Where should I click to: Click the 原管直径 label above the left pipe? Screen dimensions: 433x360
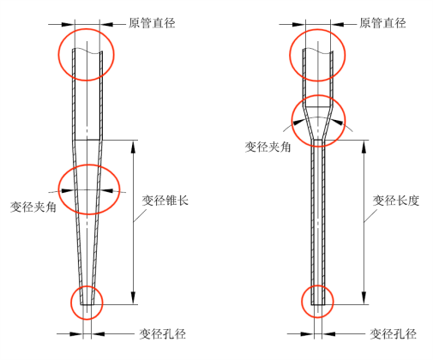tap(152, 23)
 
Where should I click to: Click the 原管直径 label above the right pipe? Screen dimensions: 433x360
tap(382, 23)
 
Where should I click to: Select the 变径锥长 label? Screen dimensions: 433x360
tap(165, 201)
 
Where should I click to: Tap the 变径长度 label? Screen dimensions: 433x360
tap(396, 201)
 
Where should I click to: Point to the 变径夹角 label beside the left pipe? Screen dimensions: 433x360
tap(33, 207)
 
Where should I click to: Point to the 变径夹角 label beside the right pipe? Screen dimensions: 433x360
tap(268, 147)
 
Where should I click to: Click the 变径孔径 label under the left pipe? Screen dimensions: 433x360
tap(162, 333)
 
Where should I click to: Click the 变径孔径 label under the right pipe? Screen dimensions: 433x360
tap(393, 333)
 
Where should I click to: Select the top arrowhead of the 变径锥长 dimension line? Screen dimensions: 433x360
tap(133, 147)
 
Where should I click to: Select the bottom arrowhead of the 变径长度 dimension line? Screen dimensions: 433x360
tap(364, 297)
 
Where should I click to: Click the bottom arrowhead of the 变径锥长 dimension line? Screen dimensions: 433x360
tap(133, 297)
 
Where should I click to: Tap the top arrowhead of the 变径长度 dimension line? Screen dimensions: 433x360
tap(364, 147)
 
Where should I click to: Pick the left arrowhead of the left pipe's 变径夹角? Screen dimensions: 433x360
tap(68, 190)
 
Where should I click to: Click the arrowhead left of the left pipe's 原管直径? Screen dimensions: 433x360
tap(68, 25)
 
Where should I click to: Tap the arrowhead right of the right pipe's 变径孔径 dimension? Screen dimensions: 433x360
tap(328, 333)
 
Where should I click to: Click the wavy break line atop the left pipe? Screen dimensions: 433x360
tap(87, 51)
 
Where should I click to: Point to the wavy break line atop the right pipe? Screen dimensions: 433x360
tap(318, 51)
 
